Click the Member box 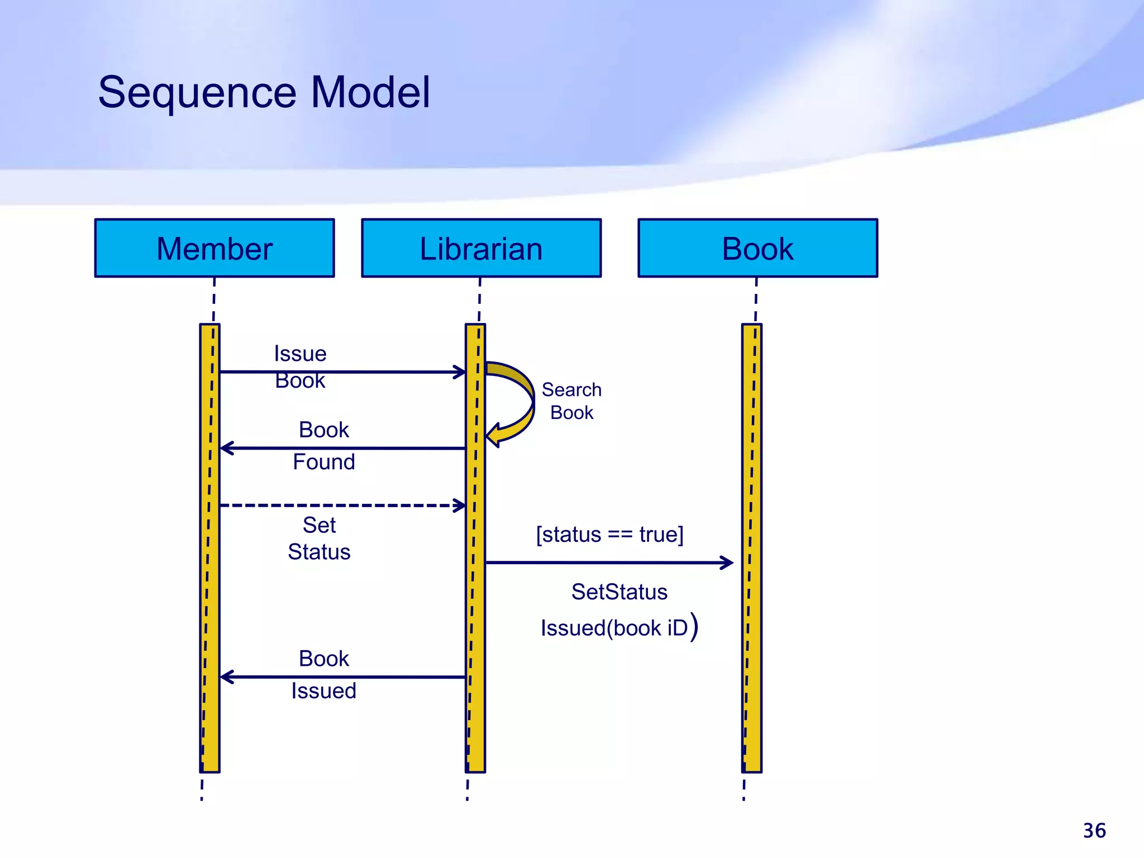214,248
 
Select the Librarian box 481,248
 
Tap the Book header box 757,248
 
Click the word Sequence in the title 197,93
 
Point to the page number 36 1094,831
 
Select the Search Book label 571,401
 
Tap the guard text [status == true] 609,535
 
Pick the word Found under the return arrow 324,462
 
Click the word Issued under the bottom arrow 324,691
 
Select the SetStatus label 619,592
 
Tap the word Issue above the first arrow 300,354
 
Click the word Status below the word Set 319,552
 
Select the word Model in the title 371,93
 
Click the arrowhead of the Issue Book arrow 460,372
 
